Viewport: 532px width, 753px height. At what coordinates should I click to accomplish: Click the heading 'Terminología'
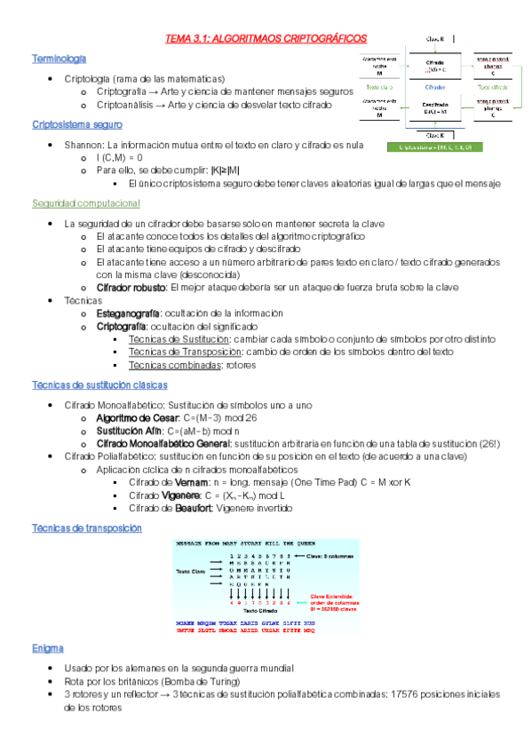click(59, 59)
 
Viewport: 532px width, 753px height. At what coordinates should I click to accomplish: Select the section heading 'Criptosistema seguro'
click(76, 124)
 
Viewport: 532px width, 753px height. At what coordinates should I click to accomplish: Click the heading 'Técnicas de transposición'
click(86, 527)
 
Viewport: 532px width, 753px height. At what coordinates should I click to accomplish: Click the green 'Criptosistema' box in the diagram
click(434, 147)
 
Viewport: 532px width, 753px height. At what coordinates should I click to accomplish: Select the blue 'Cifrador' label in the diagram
click(435, 88)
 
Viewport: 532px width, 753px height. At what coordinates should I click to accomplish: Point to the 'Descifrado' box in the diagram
click(435, 107)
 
